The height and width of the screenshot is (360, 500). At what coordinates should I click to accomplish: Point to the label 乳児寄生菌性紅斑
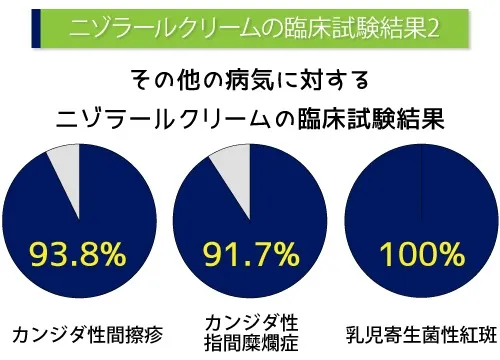click(x=420, y=331)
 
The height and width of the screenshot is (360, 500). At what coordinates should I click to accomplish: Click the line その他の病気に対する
click(x=250, y=79)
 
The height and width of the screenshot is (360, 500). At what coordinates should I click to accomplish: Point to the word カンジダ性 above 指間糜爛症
click(x=250, y=320)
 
